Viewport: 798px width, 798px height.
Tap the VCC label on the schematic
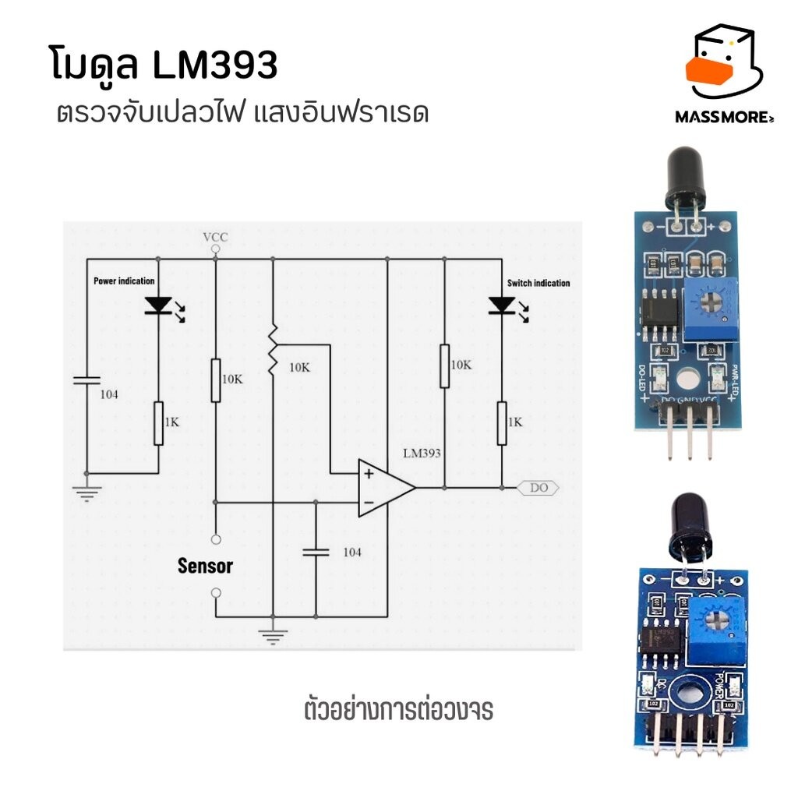click(x=215, y=236)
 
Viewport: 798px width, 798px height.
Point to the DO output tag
click(x=538, y=488)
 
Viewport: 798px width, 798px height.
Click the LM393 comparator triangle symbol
click(x=385, y=488)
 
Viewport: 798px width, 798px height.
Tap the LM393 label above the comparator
click(x=423, y=453)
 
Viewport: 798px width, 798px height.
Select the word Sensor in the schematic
click(x=205, y=566)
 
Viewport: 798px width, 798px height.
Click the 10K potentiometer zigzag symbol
click(x=273, y=351)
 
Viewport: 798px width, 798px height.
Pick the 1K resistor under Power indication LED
click(x=158, y=423)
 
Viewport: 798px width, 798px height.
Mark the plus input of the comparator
click(x=367, y=472)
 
